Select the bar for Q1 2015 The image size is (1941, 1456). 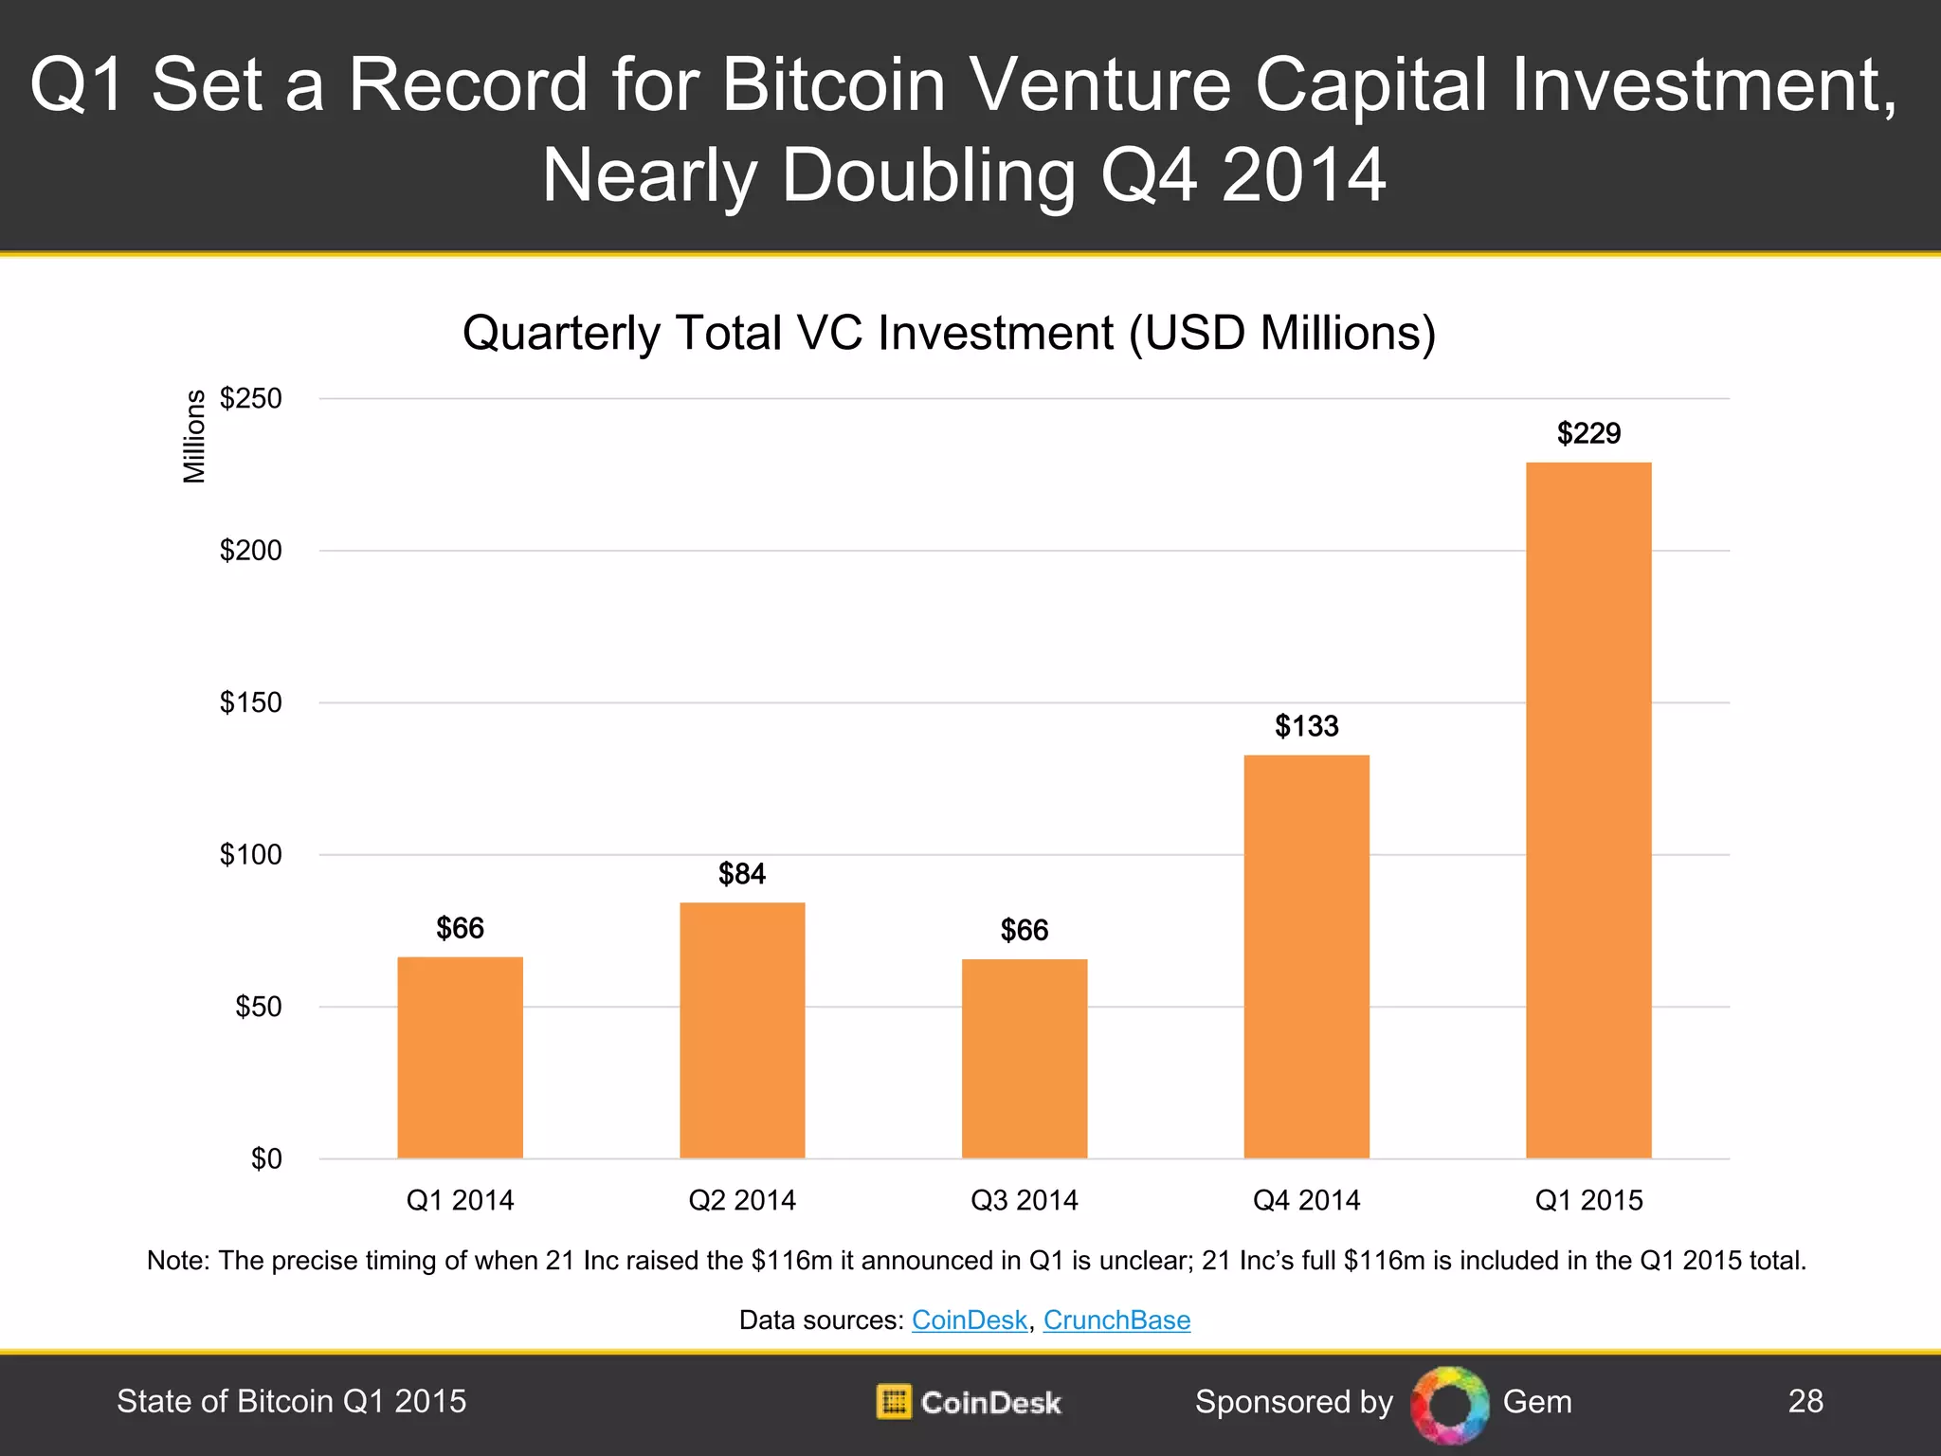tap(1588, 810)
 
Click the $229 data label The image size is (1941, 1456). tap(1588, 433)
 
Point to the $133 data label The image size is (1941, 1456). tap(1306, 726)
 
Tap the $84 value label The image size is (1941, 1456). tap(742, 874)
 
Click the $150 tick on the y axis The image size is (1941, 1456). tap(251, 702)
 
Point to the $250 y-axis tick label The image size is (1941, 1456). tap(251, 398)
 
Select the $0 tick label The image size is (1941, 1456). tap(266, 1158)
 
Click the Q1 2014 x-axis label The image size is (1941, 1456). tap(460, 1200)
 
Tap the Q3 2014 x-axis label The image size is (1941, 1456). tap(1025, 1200)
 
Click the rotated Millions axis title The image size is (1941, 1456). tap(194, 436)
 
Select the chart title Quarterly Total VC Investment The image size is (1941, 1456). tap(949, 333)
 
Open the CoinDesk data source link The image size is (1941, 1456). tap(969, 1319)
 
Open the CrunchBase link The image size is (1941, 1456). tap(1116, 1319)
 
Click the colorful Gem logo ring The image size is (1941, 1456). tap(1449, 1404)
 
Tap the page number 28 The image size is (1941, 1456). tap(1805, 1401)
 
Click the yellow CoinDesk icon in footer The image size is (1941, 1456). tap(893, 1402)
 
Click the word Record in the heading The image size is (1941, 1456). tap(467, 85)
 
